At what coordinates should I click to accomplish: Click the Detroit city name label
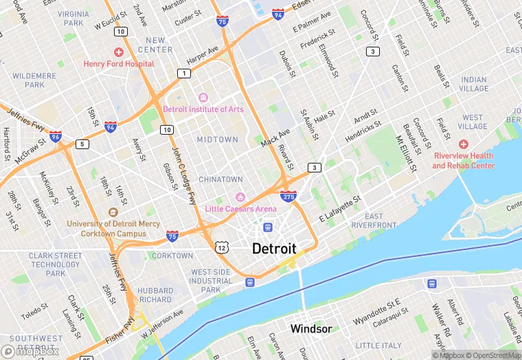(274, 249)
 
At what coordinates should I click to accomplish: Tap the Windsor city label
(310, 329)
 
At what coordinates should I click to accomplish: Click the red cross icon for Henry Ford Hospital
(119, 52)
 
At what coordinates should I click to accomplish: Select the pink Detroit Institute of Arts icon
(203, 98)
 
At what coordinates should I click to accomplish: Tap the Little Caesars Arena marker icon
(240, 197)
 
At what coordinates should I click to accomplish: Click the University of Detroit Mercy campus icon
(113, 212)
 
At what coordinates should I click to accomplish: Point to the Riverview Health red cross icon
(464, 144)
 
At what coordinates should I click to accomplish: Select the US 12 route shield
(221, 247)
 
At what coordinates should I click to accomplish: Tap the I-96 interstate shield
(56, 137)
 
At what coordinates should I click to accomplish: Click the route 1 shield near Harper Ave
(183, 74)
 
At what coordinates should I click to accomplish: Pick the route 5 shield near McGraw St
(82, 144)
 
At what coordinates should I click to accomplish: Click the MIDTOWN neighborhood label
(217, 139)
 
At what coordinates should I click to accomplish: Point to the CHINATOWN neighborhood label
(220, 179)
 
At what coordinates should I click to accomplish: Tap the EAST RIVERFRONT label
(374, 221)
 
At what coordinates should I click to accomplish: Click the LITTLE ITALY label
(378, 346)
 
